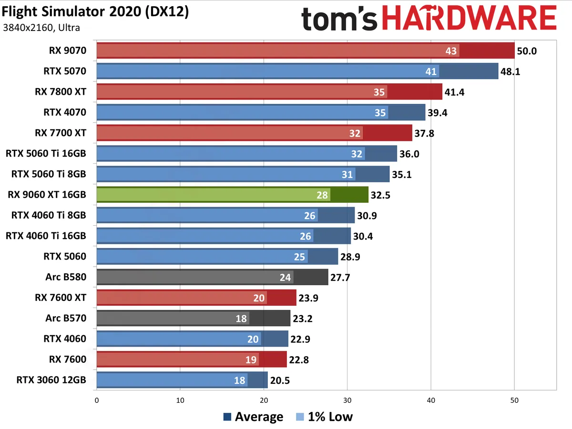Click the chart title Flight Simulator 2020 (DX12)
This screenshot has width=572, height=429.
95,12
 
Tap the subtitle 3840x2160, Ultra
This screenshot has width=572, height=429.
41,28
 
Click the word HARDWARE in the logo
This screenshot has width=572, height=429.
469,20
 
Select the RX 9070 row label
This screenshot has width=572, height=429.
67,50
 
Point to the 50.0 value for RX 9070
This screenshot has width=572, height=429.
527,51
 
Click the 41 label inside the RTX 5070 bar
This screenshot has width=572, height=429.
431,71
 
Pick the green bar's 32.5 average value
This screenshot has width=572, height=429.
381,195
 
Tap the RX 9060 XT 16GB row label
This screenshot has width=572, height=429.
47,195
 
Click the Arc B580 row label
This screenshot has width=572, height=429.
66,277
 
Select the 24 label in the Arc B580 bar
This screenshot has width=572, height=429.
285,277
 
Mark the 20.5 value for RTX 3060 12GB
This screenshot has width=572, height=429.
280,380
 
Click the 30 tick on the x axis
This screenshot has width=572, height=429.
347,401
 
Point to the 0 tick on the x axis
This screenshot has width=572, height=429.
97,401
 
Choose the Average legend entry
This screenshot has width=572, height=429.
253,417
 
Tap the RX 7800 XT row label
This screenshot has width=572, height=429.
61,92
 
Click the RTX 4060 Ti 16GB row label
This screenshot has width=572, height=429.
46,236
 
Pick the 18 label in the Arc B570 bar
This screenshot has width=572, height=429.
241,319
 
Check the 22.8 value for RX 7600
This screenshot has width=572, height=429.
299,360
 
